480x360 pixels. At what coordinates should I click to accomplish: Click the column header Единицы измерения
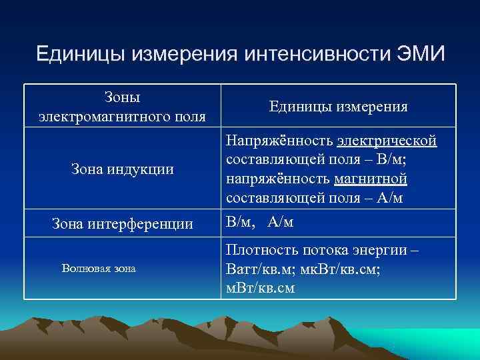click(339, 106)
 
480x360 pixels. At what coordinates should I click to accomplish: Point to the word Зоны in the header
click(122, 97)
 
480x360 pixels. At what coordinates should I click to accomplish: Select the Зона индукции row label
click(122, 169)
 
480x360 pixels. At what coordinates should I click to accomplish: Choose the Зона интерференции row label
click(122, 224)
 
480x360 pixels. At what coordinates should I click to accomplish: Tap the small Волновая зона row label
click(98, 269)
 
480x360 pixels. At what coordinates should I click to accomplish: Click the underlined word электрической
click(387, 141)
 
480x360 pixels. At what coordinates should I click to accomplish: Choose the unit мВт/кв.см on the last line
click(261, 288)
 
